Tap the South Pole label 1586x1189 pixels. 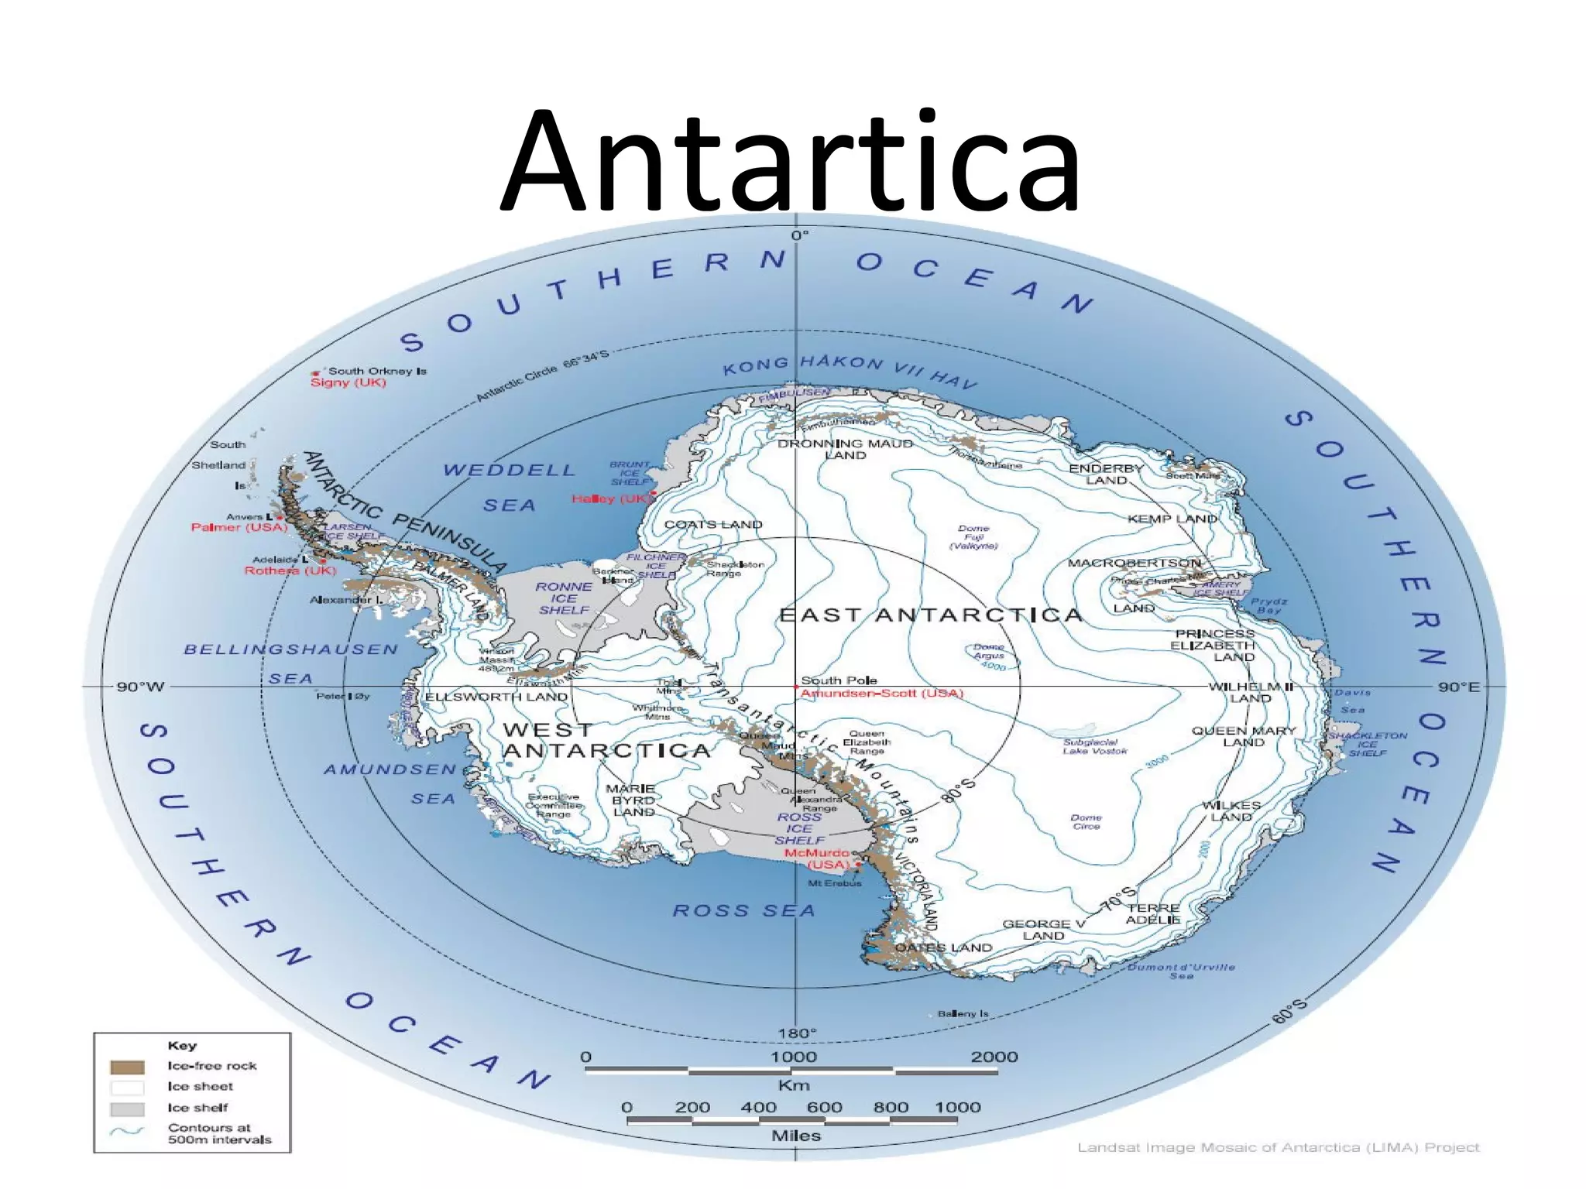click(839, 680)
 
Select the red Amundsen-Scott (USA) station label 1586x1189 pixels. click(882, 693)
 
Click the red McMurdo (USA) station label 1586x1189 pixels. click(817, 858)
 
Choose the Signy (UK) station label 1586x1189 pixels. click(348, 382)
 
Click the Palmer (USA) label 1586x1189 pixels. click(239, 527)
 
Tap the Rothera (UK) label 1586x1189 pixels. click(290, 571)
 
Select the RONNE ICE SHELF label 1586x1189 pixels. click(564, 598)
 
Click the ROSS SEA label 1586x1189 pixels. click(743, 910)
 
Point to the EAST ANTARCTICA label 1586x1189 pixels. click(930, 615)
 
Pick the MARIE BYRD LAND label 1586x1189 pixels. click(633, 800)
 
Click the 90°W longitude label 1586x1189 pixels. click(140, 687)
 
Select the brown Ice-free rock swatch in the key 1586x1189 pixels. click(127, 1067)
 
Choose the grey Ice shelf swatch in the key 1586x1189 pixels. click(127, 1108)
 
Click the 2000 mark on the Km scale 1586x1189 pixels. click(994, 1057)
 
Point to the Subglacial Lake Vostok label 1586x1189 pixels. click(1094, 746)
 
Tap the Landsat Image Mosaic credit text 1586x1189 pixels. click(1278, 1147)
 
